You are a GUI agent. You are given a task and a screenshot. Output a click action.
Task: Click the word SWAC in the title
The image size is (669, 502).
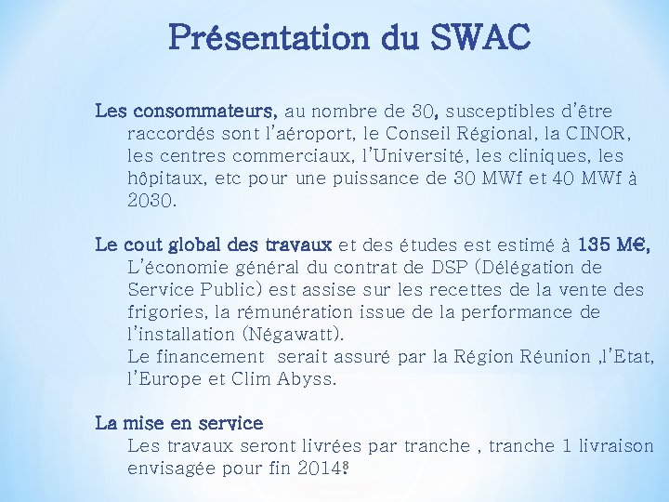pos(479,38)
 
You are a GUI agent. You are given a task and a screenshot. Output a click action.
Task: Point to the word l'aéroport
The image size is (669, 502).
pos(299,134)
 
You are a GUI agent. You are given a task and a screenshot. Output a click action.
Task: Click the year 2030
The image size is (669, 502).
pos(151,201)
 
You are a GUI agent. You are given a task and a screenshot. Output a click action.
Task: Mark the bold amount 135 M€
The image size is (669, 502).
pos(613,245)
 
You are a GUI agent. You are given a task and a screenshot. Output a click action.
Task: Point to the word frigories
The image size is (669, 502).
pos(165,312)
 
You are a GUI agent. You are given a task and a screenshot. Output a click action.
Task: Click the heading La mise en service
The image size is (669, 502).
pos(179,423)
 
